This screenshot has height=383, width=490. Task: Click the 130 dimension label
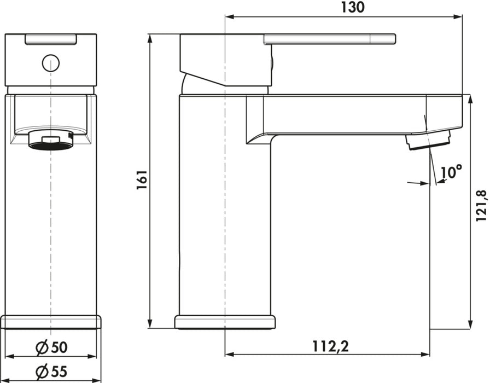point(353,7)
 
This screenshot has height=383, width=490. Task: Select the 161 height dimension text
point(142,180)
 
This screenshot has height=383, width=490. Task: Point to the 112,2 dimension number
point(331,346)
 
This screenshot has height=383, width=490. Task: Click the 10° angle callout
point(451,172)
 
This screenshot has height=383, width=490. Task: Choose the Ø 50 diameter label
point(51,347)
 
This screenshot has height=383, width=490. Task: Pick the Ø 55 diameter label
point(51,372)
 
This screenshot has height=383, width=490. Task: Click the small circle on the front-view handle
point(51,63)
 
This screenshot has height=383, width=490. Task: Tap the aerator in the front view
point(51,141)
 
